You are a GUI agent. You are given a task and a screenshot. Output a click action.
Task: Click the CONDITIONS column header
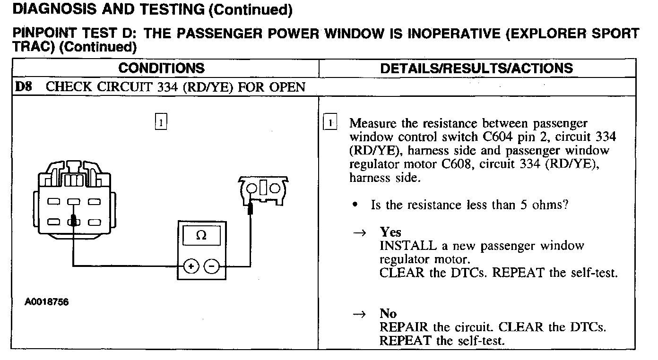[x=161, y=68]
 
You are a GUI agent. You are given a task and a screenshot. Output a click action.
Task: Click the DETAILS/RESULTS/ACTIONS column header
[x=476, y=68]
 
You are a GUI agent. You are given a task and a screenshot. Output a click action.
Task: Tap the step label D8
[x=24, y=87]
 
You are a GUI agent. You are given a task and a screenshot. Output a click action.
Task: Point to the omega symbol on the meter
[x=201, y=235]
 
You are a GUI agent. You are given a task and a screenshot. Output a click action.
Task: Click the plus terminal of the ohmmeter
[x=191, y=267]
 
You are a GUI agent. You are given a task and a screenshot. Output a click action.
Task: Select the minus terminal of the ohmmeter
[x=211, y=267]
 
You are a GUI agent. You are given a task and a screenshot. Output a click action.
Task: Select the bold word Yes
[x=390, y=232]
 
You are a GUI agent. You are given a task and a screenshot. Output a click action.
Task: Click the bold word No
[x=388, y=314]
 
